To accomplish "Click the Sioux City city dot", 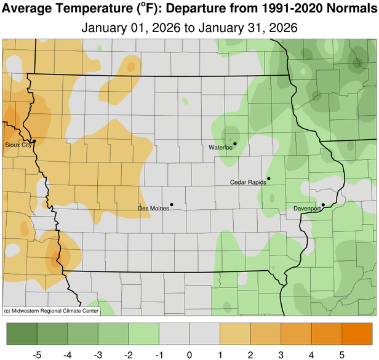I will coord(34,141).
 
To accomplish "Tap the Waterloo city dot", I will coord(235,143).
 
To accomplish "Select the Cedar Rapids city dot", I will coord(269,178).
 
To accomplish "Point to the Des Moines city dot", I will coord(172,204).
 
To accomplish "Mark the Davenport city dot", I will coord(323,205).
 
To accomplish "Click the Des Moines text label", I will coord(153,209).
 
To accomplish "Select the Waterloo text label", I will coord(220,148).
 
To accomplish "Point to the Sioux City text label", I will coord(17,145).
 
